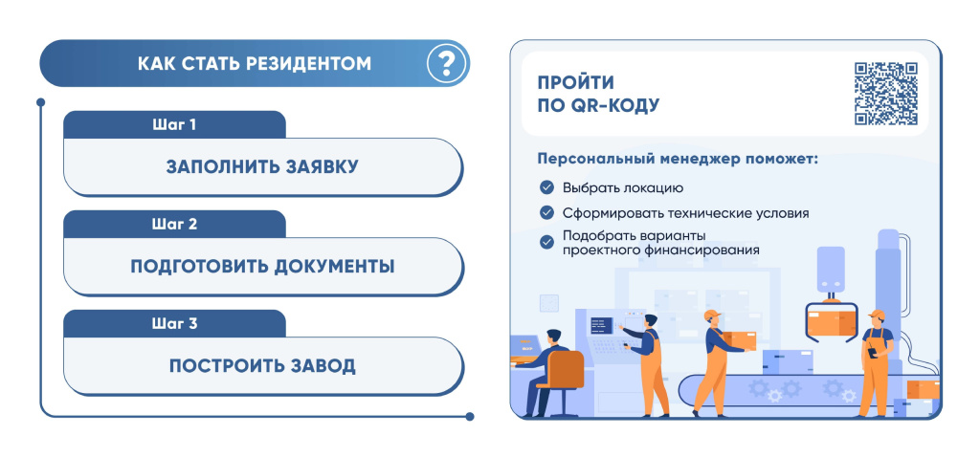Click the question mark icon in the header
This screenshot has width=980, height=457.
pos(446,63)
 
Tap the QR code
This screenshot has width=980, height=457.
pos(886,94)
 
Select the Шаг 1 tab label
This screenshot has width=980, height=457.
pos(174,125)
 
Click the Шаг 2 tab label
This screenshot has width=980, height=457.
pos(174,224)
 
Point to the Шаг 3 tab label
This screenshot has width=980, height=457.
pos(174,323)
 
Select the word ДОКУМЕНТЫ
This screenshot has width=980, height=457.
pos(334,267)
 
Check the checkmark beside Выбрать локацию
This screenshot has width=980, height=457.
pos(546,187)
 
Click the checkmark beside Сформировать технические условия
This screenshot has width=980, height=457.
pos(546,213)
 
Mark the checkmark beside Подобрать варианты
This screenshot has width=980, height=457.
pos(546,242)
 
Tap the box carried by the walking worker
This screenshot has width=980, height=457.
pos(739,341)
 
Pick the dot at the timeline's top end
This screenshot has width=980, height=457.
pos(40,101)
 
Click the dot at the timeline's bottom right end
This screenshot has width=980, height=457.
pos(470,417)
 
